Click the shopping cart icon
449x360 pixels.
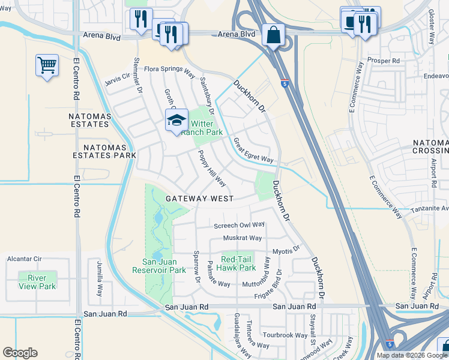pyautogui.click(x=47, y=65)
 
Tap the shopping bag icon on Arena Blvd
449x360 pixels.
pyautogui.click(x=273, y=35)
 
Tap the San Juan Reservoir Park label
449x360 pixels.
pyautogui.click(x=159, y=266)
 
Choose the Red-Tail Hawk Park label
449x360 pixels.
pyautogui.click(x=238, y=263)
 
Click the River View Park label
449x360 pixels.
pyautogui.click(x=37, y=282)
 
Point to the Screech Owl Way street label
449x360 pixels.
pyautogui.click(x=240, y=225)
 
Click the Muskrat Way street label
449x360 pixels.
pyautogui.click(x=243, y=238)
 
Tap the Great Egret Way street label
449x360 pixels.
pyautogui.click(x=253, y=151)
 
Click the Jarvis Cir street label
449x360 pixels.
pyautogui.click(x=117, y=76)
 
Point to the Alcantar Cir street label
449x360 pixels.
pyautogui.click(x=24, y=259)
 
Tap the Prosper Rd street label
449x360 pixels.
pyautogui.click(x=387, y=61)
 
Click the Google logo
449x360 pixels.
pyautogui.click(x=20, y=353)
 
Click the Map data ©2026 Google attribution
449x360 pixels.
pyautogui.click(x=411, y=355)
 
